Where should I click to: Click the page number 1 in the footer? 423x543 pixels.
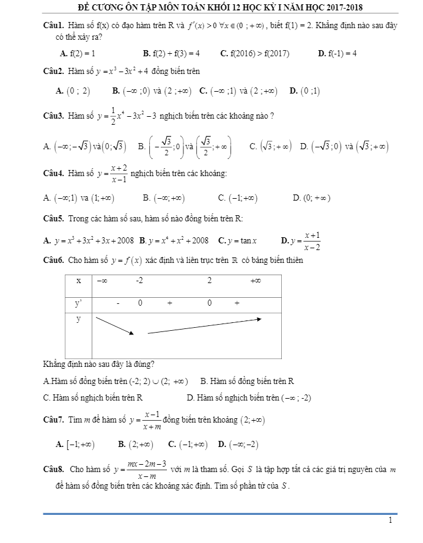point(390,521)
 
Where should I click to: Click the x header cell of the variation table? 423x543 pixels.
point(78,281)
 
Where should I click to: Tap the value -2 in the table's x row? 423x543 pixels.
point(139,281)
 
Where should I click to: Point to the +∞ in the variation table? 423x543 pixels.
point(256,281)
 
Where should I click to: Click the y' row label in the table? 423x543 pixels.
point(78,303)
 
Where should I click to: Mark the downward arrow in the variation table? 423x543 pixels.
point(115,325)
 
